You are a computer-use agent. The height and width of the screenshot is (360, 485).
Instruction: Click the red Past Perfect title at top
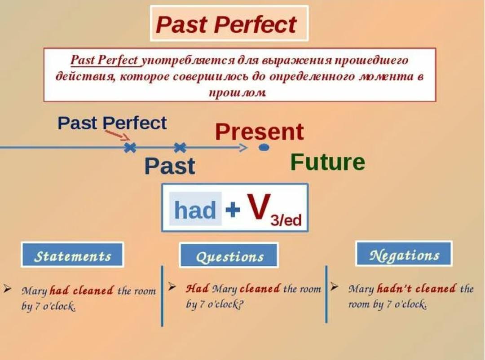226,24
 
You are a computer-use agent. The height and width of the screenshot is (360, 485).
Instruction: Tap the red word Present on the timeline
260,132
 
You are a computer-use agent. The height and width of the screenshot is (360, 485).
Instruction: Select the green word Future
328,162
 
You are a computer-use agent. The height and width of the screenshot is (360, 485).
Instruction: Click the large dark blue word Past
169,166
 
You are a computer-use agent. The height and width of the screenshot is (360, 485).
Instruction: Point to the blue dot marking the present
264,148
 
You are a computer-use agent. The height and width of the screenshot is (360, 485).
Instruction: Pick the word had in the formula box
195,210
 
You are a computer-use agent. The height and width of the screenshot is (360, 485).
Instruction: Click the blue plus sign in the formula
233,209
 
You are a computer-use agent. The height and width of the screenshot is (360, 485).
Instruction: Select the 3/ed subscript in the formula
286,220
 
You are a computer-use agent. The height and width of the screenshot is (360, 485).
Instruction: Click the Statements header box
72,255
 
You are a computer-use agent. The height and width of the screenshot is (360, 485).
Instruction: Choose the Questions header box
229,255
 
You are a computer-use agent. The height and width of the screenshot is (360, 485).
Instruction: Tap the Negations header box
404,254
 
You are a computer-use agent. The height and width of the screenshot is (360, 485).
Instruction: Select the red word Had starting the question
197,288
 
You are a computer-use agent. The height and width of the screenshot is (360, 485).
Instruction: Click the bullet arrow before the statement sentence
8,289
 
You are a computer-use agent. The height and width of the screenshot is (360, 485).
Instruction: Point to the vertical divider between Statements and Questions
162,296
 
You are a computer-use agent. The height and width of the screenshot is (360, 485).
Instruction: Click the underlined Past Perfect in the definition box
104,60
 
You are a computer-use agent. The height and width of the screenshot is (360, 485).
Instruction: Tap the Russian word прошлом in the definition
238,92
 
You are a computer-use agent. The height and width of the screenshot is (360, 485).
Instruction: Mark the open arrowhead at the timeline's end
243,148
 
